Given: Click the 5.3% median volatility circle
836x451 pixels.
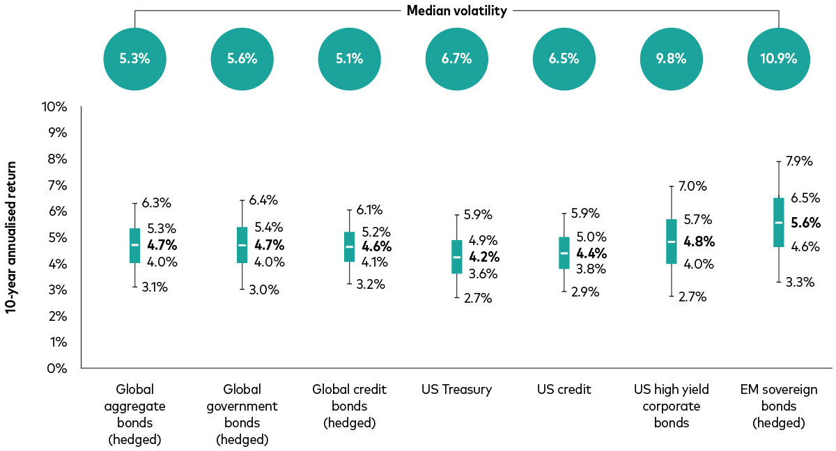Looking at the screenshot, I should click(x=134, y=58).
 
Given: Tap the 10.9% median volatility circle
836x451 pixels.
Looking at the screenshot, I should click(x=778, y=58).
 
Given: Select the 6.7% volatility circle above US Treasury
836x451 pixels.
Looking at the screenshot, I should click(x=456, y=58).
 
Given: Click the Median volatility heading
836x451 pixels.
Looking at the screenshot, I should click(x=456, y=10).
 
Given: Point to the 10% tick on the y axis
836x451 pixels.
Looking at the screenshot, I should click(x=54, y=106).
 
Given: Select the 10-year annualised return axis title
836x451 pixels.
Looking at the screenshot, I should click(x=11, y=238).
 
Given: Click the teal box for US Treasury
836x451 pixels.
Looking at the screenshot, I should click(x=456, y=257).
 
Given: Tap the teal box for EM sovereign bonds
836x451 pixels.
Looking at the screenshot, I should click(x=778, y=222).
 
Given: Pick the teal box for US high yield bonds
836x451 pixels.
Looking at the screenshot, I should click(x=671, y=242).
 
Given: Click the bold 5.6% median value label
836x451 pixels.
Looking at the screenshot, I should click(x=806, y=223).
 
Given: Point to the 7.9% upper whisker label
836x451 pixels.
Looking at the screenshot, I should click(x=798, y=161).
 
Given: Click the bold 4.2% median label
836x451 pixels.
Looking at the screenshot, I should click(x=483, y=257).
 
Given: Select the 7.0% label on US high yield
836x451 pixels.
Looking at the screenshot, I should click(x=692, y=187).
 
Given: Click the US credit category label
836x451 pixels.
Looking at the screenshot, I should click(x=564, y=390).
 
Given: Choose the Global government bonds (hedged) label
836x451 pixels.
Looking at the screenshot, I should click(x=242, y=414).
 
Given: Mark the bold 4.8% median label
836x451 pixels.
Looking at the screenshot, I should click(x=699, y=242).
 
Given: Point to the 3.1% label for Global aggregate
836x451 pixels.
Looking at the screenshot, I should click(x=155, y=287).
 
